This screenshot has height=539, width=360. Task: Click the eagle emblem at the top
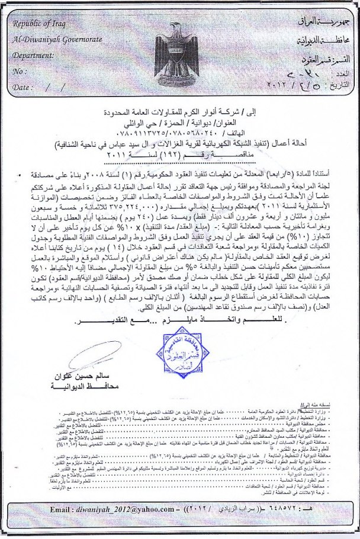tap(181, 50)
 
